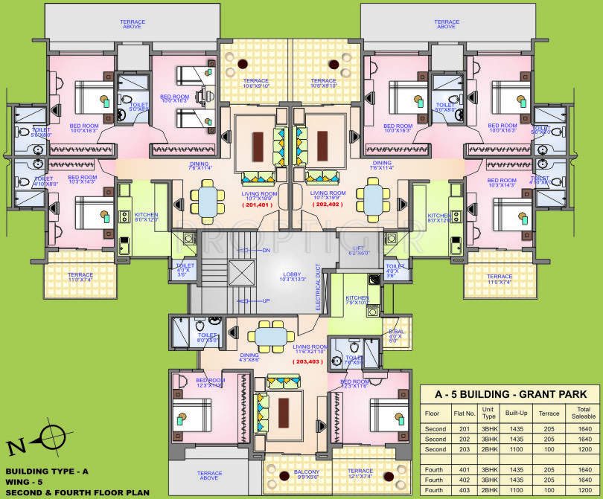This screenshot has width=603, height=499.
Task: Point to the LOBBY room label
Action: (292, 277)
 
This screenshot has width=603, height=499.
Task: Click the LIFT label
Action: (359, 251)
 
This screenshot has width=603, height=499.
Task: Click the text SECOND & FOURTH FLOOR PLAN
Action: (77, 492)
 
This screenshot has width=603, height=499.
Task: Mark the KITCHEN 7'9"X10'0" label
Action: (357, 300)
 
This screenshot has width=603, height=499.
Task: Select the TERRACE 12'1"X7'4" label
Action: (360, 474)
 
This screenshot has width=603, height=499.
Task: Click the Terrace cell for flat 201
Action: (549, 429)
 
